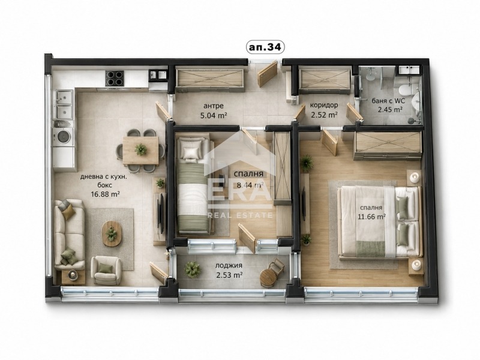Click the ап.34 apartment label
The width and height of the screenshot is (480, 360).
(x=265, y=47)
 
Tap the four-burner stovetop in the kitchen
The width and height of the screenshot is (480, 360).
(x=115, y=78)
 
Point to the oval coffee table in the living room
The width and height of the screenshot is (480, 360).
(x=112, y=233)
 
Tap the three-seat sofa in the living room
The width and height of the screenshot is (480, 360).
(x=69, y=235)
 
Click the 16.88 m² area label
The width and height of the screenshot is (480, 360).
(x=105, y=194)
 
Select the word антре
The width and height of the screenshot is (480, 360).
(x=214, y=106)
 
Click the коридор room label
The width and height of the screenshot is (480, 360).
(x=324, y=106)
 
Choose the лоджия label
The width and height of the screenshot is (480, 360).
(x=229, y=266)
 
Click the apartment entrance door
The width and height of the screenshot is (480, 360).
(x=267, y=73)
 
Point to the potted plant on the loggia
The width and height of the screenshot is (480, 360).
(x=193, y=269)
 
